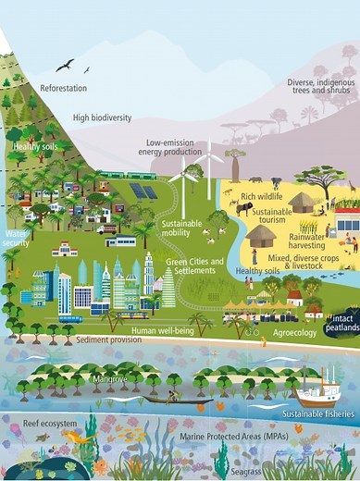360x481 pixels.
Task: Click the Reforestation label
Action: pyautogui.click(x=63, y=89)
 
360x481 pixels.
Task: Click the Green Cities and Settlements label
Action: pyautogui.click(x=195, y=266)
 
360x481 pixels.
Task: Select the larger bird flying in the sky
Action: pyautogui.click(x=65, y=65)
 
